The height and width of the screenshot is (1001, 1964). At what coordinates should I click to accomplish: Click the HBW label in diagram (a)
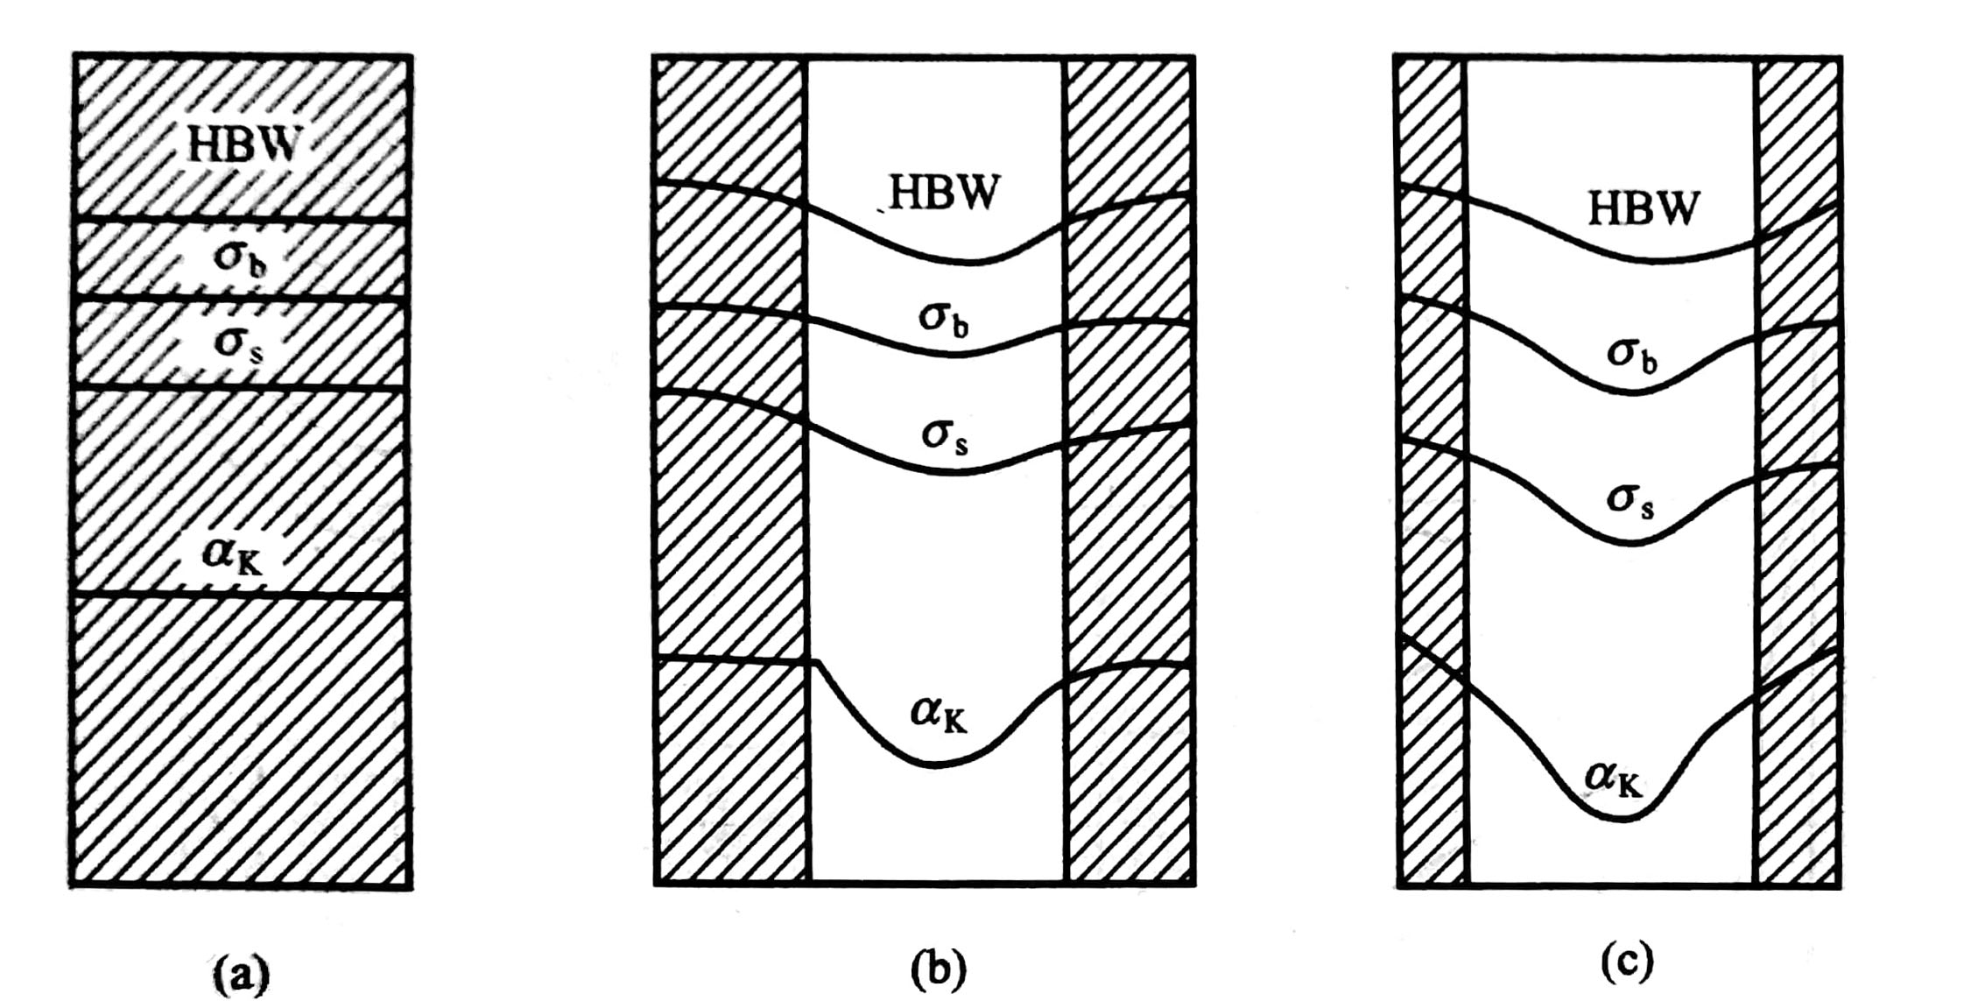click(x=243, y=145)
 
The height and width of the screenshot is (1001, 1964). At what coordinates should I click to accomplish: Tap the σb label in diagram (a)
click(x=239, y=257)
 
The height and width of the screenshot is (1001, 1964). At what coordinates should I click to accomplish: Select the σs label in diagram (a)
click(x=238, y=343)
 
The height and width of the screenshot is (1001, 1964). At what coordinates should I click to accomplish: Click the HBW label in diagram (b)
click(x=944, y=194)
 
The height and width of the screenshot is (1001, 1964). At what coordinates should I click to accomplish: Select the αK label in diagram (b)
click(x=939, y=713)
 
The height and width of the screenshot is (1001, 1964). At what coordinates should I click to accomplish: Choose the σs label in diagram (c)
click(x=1630, y=500)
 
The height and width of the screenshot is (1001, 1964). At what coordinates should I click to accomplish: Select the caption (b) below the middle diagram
click(x=938, y=969)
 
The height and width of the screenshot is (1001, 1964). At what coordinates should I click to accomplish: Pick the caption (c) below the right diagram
click(x=1627, y=962)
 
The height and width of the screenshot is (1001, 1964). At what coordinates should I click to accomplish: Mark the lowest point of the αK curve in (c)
click(x=1620, y=820)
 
